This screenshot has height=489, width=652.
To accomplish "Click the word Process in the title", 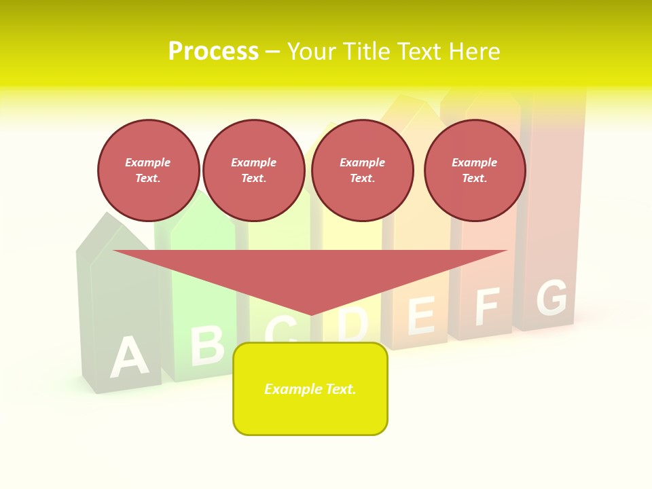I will pos(213,52).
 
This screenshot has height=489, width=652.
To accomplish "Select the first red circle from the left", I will pos(148,170).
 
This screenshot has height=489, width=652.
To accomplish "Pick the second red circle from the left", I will pos(254,170).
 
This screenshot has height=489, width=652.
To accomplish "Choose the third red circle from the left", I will pos(362,170).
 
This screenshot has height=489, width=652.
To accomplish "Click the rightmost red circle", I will pos(474,170).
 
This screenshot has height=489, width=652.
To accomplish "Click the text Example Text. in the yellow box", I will pos(310,389).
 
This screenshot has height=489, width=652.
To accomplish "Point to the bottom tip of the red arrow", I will pos(311,314).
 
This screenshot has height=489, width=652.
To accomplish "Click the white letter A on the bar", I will pos(128,357).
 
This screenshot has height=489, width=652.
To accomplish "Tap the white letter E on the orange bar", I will pos(420,315).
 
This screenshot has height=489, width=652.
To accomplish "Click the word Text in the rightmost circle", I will pos(474,178).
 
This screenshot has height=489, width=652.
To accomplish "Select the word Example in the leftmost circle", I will pos(148,162).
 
